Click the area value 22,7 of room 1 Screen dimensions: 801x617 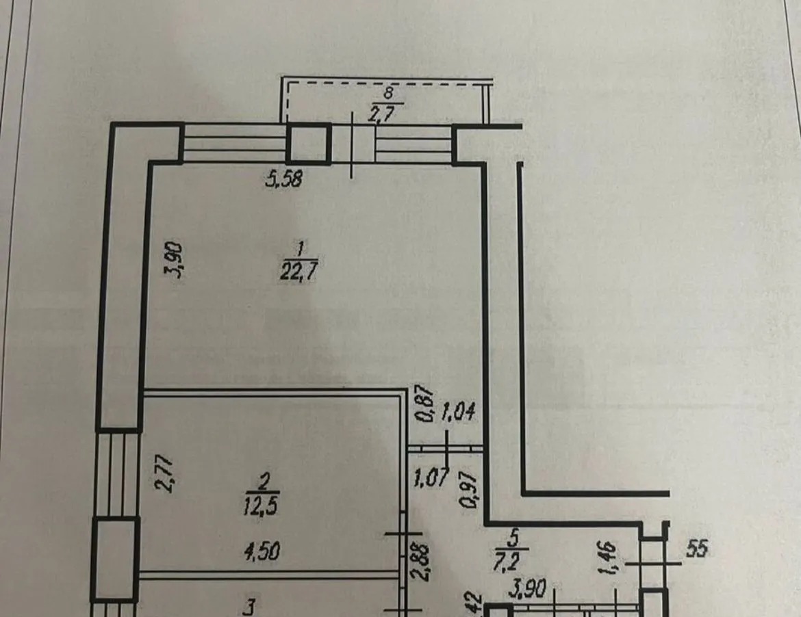(x=299, y=271)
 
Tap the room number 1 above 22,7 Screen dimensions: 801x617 (x=301, y=248)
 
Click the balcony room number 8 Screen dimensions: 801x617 (x=388, y=93)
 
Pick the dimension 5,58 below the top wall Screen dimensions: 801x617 (x=284, y=179)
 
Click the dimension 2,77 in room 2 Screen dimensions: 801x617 (x=165, y=473)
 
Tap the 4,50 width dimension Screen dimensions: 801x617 (x=261, y=552)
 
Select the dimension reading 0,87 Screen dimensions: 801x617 (x=425, y=404)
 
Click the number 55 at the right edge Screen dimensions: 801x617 (x=697, y=549)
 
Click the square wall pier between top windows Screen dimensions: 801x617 (x=308, y=144)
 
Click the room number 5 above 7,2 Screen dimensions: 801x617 (x=513, y=538)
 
